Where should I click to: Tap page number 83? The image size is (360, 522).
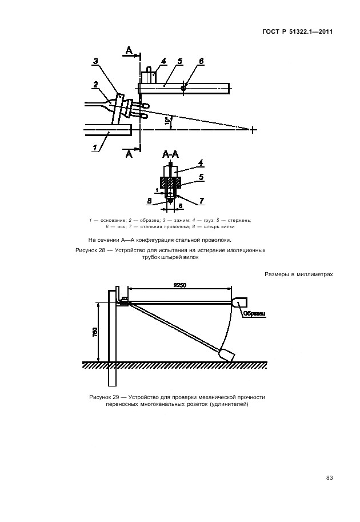pos(329,478)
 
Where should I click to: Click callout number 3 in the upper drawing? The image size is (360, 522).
pos(95,61)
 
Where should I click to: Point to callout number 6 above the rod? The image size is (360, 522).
pos(201,61)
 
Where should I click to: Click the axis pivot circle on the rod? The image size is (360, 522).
pos(183,88)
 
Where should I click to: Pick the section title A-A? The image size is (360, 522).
pos(171,154)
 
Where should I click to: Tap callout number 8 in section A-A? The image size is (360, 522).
pos(150,201)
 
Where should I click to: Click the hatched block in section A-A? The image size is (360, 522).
pos(171,183)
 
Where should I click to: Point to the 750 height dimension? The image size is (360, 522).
pos(94,332)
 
